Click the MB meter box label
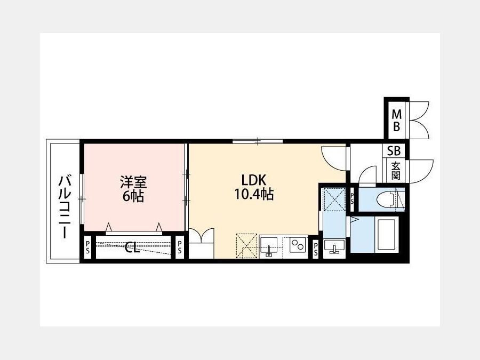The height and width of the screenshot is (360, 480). [x=396, y=121]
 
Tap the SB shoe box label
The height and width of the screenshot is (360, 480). [x=394, y=151]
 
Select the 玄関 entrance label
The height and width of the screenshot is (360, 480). [x=396, y=171]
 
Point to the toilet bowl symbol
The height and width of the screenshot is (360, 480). [x=387, y=199]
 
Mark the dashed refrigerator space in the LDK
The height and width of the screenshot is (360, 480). [x=246, y=246]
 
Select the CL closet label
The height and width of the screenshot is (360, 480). [x=132, y=247]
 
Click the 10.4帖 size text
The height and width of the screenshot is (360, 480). [x=254, y=194]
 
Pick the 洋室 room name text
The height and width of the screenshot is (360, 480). [x=133, y=182]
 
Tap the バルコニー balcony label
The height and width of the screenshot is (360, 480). [x=65, y=206]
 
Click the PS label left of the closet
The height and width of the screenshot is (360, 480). [x=88, y=247]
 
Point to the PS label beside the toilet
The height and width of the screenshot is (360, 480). [x=352, y=198]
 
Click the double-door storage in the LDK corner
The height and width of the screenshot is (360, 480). [x=202, y=243]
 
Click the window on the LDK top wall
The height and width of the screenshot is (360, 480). [x=258, y=141]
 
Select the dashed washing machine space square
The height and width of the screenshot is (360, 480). [x=334, y=199]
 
